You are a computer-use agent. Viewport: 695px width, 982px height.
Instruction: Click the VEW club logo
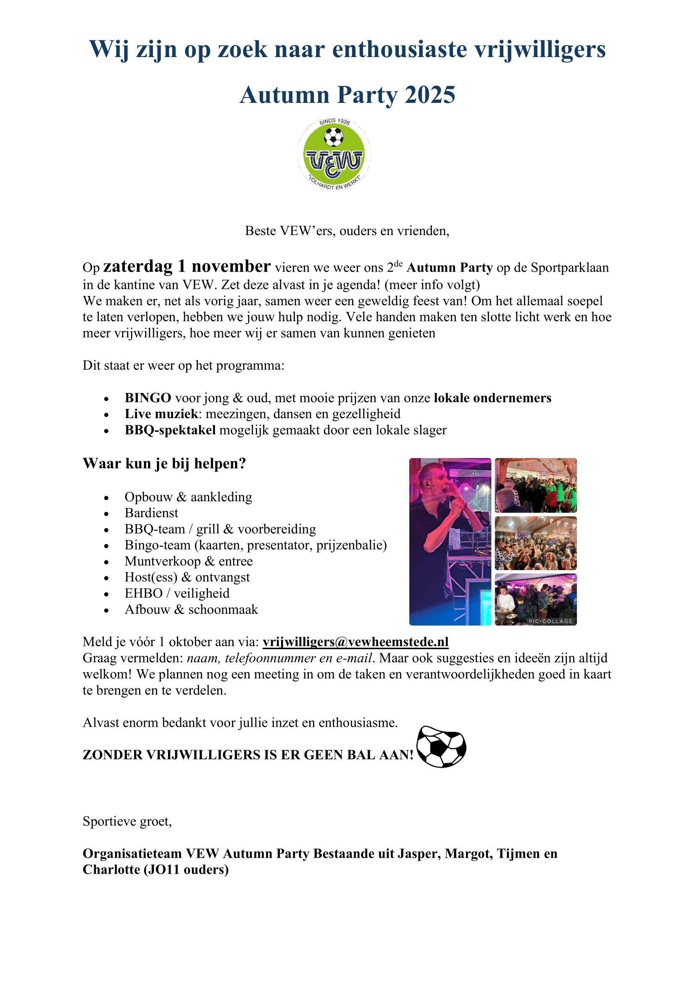pos(334,155)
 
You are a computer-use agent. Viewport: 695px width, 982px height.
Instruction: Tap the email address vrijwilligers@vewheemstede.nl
pos(355,642)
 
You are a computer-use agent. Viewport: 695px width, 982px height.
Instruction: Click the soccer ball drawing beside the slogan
pos(441,746)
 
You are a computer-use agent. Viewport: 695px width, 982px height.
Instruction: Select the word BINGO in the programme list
pos(147,398)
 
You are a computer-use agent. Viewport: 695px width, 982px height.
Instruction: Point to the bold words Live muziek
pos(161,414)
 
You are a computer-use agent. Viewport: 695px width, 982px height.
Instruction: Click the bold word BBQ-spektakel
pos(170,430)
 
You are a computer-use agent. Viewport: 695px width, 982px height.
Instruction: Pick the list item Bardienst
pos(151,513)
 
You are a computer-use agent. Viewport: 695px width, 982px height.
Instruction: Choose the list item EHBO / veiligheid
pos(177,593)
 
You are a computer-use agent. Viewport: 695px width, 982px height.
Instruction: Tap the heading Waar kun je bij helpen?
pos(164,464)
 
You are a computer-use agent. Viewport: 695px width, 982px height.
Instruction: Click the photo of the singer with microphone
pos(450,542)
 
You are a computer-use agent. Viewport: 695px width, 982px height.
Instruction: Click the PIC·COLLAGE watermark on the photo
pos(550,621)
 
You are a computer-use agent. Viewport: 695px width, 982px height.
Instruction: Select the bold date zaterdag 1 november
pos(187,267)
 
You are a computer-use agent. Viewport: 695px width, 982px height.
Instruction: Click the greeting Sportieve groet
pos(127,821)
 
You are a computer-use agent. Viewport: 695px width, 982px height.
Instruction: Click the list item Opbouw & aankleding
pos(188,497)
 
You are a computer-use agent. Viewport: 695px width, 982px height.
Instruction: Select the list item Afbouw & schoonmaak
pos(191,610)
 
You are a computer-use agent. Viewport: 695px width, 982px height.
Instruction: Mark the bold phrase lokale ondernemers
pos(492,398)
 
